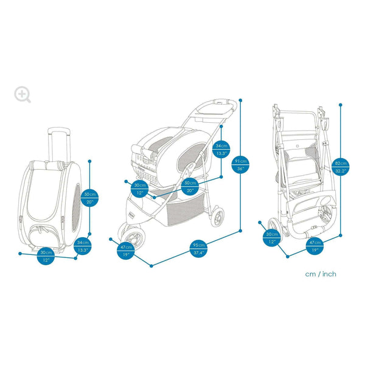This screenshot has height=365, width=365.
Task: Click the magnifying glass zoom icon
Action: (x=23, y=94)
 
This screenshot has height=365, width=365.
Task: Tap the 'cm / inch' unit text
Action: (x=321, y=274)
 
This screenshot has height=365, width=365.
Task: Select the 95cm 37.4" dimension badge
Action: (x=198, y=249)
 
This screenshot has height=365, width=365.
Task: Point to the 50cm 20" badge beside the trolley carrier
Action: (x=89, y=198)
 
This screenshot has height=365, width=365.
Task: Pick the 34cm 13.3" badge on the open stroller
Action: (x=221, y=150)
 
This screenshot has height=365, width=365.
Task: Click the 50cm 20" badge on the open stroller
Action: (x=190, y=187)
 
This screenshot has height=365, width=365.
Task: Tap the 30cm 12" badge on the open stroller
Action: (x=140, y=189)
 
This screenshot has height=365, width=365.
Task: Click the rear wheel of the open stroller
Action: (x=216, y=215)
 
